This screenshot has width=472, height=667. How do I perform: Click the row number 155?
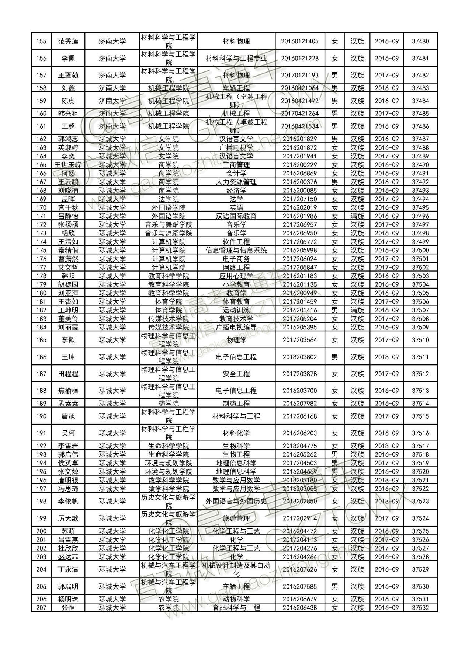click(x=41, y=41)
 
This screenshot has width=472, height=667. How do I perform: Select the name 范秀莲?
click(x=68, y=41)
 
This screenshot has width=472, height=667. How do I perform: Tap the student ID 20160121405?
click(x=299, y=41)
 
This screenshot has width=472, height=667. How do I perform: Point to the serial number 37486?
click(x=420, y=126)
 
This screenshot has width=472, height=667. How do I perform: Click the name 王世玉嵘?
click(x=68, y=165)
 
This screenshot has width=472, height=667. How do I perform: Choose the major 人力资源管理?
click(x=236, y=182)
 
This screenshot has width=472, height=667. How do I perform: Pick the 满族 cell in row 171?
click(x=357, y=216)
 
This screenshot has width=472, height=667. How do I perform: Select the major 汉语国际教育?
click(x=236, y=216)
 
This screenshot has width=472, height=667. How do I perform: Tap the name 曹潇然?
click(x=68, y=259)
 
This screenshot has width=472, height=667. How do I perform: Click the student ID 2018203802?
click(x=299, y=357)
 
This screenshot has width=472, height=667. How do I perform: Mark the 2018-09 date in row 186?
click(x=386, y=357)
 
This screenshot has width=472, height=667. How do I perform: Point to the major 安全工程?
click(x=236, y=374)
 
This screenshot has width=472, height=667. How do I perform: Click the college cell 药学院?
click(x=169, y=404)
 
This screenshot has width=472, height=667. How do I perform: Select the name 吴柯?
click(x=68, y=433)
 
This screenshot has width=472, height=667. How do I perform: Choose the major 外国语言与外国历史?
click(x=236, y=502)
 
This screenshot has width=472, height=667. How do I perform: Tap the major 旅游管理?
click(x=236, y=518)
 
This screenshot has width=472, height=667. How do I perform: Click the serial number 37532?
click(x=420, y=608)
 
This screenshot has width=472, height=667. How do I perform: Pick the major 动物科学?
click(x=236, y=599)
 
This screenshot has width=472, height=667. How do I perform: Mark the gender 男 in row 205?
click(x=334, y=587)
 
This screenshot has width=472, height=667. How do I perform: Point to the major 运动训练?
click(x=236, y=310)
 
